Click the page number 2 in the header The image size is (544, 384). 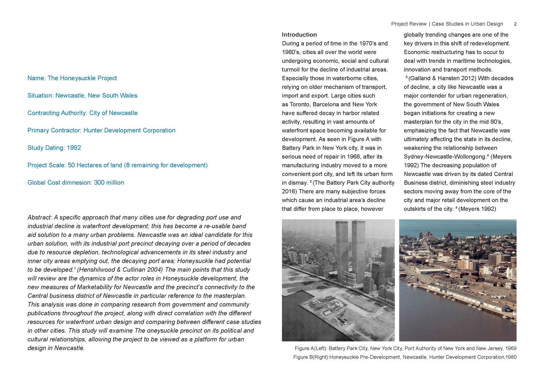tap(515, 24)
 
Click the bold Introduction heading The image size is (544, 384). tap(299, 35)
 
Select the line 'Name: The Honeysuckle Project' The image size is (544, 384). tap(72, 78)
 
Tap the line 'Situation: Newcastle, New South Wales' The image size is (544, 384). tap(82, 95)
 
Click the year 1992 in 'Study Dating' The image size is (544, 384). tap(74, 148)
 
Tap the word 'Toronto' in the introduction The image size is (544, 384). tap(300, 104)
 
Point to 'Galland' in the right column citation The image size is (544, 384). tap(420, 78)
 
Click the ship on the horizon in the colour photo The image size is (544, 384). tap(475, 224)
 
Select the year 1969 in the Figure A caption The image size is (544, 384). tap(511, 348)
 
